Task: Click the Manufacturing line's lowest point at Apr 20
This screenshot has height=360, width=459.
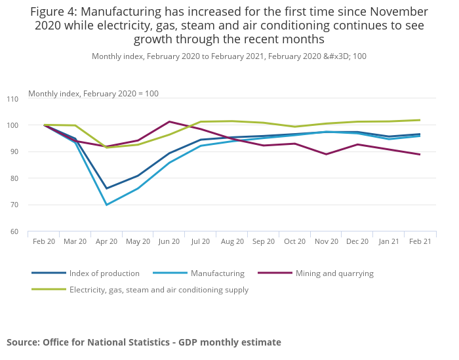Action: (106, 205)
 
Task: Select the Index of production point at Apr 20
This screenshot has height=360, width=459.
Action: (106, 188)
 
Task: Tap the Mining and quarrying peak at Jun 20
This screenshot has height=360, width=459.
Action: (169, 121)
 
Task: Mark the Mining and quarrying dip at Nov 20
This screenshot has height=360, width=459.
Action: (326, 154)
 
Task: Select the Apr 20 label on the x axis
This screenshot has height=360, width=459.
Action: (106, 241)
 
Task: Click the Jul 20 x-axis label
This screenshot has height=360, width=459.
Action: (201, 241)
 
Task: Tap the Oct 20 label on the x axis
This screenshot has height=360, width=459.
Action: (294, 241)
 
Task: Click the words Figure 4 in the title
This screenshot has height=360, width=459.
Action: (55, 12)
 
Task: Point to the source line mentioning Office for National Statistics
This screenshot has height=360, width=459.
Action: (144, 342)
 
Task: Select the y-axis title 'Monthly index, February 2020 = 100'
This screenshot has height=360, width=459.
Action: (93, 94)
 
